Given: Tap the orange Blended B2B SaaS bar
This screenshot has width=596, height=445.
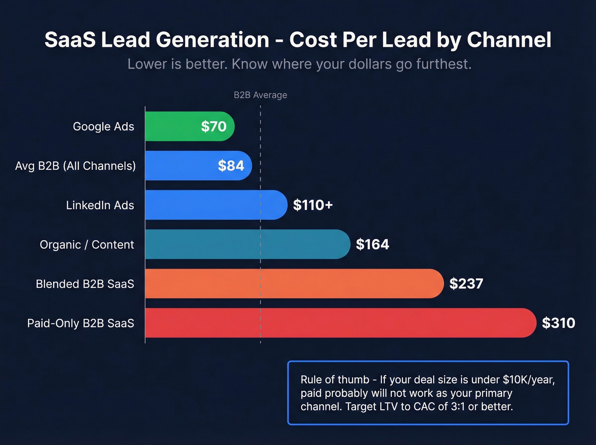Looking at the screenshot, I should (x=294, y=284).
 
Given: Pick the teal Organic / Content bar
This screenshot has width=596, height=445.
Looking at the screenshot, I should (x=247, y=244).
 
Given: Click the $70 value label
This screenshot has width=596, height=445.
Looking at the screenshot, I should (x=214, y=126).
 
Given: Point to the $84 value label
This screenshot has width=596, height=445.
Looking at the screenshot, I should (x=231, y=166).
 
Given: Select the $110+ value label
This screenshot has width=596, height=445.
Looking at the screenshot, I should (x=312, y=205).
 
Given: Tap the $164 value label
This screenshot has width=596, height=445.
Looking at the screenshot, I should (x=372, y=244).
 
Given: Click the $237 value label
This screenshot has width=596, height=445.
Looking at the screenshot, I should (x=466, y=284).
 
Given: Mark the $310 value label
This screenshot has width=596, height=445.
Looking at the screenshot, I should (x=558, y=323).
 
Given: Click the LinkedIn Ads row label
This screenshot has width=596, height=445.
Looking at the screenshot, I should (x=100, y=205).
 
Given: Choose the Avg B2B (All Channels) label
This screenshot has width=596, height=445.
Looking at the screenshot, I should (x=75, y=166).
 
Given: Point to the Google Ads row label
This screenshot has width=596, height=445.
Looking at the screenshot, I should (x=103, y=126).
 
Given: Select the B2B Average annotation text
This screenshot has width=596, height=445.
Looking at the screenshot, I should (x=260, y=95).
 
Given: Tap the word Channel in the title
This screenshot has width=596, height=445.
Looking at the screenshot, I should (x=509, y=40).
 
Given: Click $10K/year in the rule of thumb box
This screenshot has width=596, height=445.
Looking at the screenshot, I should (x=528, y=379).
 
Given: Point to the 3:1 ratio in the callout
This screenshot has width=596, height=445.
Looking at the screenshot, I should (x=457, y=407).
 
